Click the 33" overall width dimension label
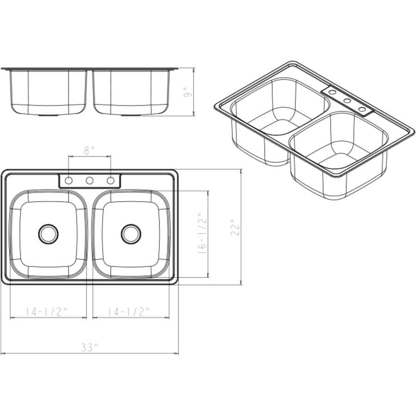pos(90,347)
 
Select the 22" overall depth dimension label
pos(236,227)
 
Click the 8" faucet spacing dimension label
pos(89,150)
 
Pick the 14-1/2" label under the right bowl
pos(129,312)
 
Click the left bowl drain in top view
pos(48,234)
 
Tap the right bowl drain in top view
pos(131,234)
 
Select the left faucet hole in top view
pos(68,181)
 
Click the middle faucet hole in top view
pos(90,181)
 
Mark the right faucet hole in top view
pos(111,181)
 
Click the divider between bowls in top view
pos(90,234)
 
